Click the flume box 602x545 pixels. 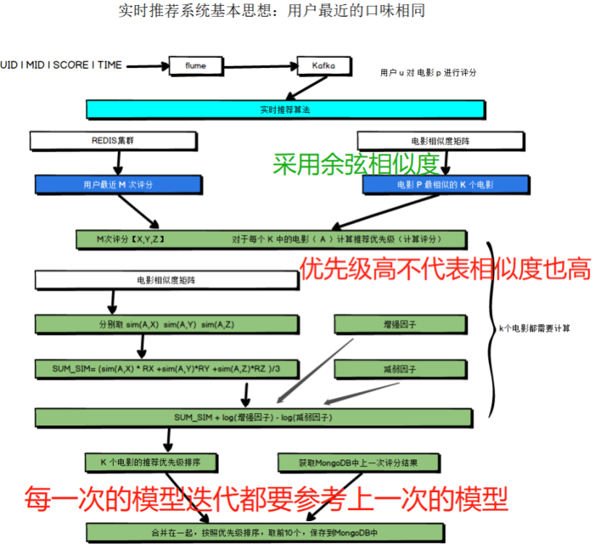(x=196, y=66)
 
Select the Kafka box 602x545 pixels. (x=323, y=66)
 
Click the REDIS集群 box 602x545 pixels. (x=112, y=141)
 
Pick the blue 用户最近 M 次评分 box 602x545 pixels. (x=117, y=185)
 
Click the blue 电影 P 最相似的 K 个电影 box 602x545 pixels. (x=444, y=185)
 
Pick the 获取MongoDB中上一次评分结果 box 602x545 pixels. (x=357, y=462)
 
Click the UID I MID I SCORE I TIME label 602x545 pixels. (x=61, y=65)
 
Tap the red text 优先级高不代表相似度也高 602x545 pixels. (x=445, y=269)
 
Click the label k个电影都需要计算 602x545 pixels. (x=535, y=328)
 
